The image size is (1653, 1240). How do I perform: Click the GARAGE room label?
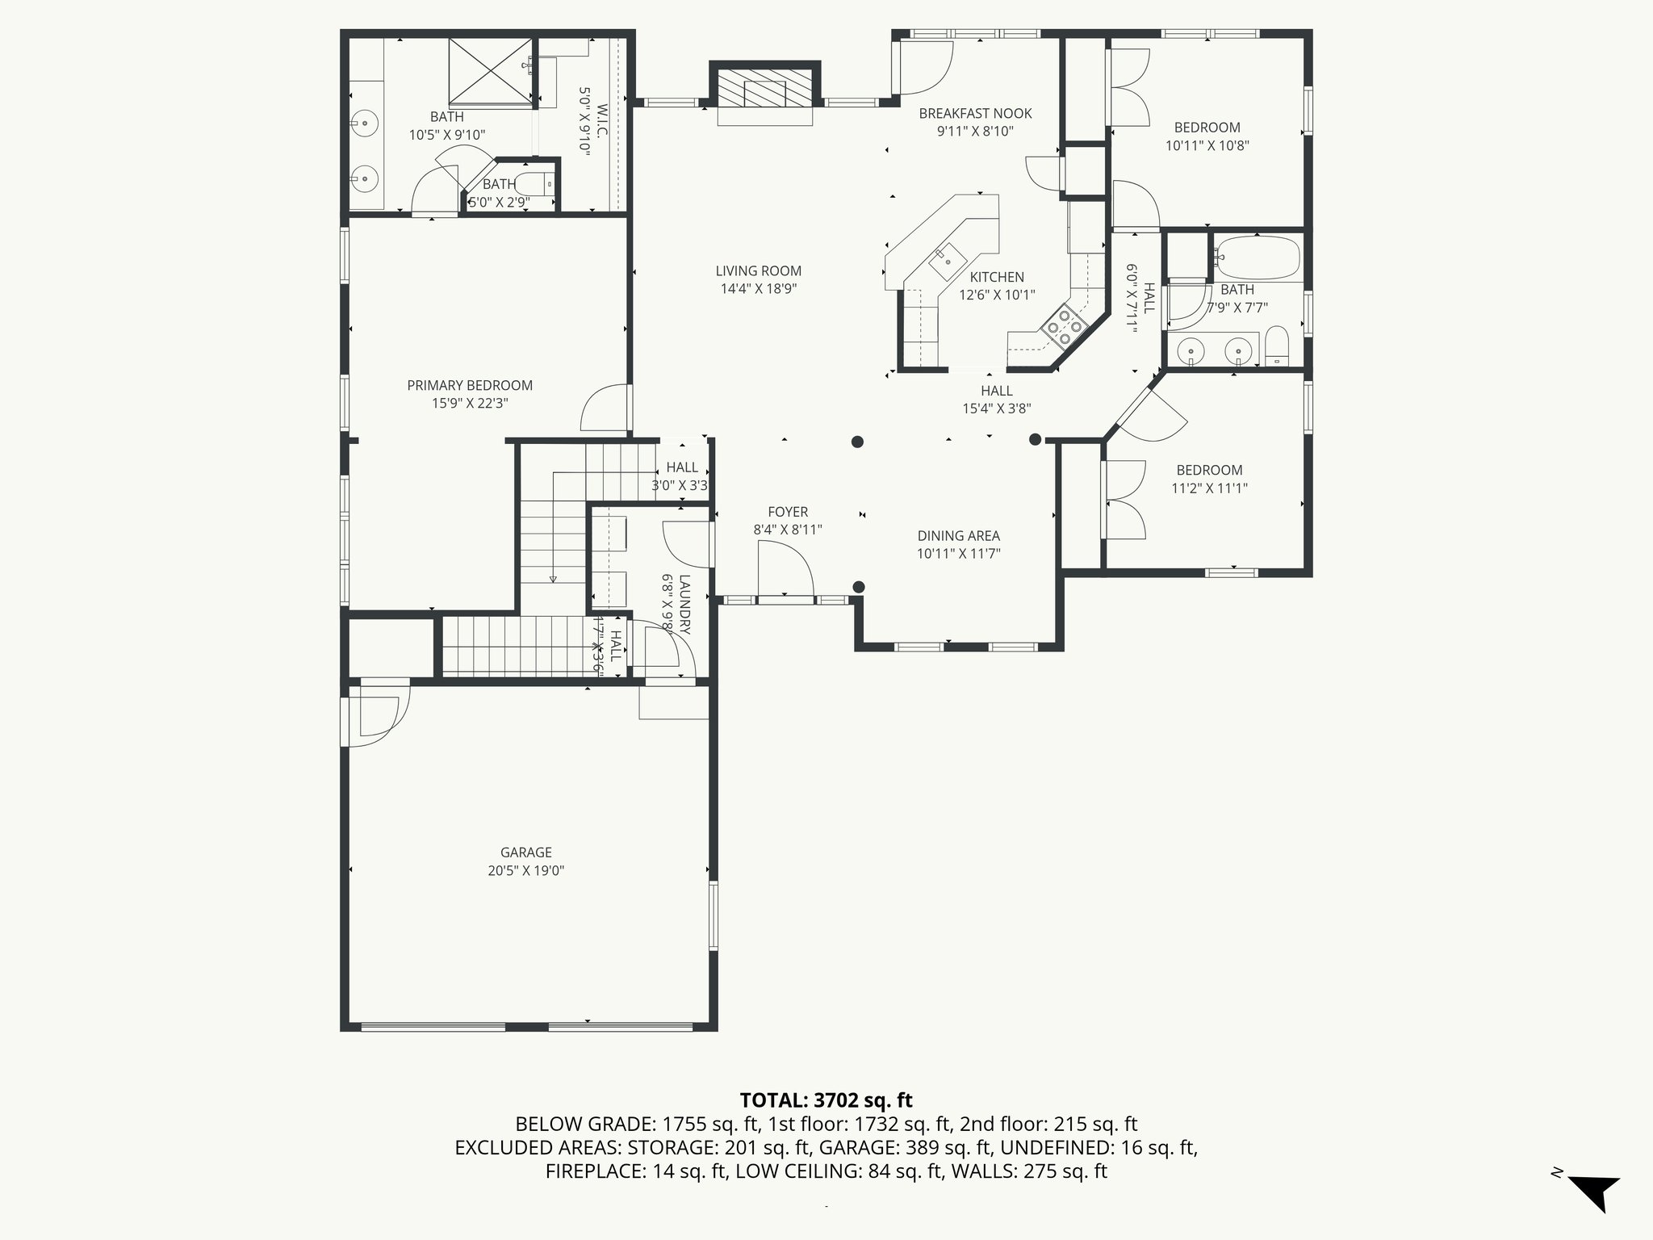(525, 852)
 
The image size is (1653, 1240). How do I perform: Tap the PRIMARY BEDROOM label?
(470, 385)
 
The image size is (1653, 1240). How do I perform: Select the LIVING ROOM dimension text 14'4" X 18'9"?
(759, 289)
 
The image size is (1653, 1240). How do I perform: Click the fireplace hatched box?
(764, 88)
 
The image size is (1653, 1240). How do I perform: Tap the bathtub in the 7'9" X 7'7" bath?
(1257, 257)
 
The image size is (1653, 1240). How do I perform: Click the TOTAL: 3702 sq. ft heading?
(826, 1100)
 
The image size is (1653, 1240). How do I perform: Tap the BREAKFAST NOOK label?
(975, 114)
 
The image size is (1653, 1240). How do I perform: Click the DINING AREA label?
(958, 535)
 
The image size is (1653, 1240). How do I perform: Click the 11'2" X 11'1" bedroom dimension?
(1209, 488)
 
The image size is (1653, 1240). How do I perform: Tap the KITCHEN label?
(997, 277)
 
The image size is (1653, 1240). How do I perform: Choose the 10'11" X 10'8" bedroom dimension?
(1207, 145)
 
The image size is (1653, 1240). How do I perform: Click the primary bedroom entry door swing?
(605, 408)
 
